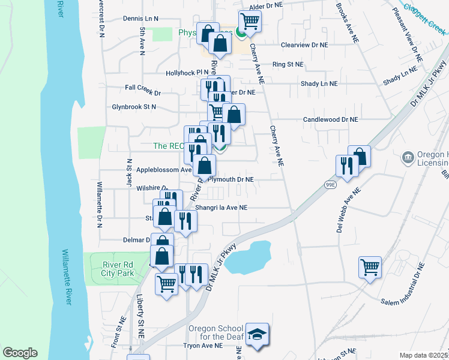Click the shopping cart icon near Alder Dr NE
point(250,21)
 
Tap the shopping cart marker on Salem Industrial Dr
point(370,266)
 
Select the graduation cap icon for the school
point(258,334)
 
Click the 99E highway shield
point(330,184)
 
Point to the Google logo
point(20,353)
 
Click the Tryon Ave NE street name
point(203,346)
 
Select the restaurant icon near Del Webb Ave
point(346,166)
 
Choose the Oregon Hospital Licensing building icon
point(408,158)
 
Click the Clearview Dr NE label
point(305,44)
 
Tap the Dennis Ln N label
point(140,19)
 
